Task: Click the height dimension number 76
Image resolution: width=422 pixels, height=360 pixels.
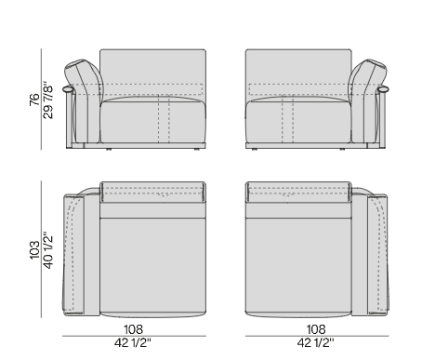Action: point(34,100)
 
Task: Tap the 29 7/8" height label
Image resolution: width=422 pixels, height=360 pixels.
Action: point(48,100)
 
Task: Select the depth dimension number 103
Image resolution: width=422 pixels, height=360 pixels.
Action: point(34,249)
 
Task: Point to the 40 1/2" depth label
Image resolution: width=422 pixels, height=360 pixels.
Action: point(48,250)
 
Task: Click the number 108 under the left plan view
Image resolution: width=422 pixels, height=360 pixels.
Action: point(134,329)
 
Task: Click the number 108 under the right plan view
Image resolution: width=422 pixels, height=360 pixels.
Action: point(316,329)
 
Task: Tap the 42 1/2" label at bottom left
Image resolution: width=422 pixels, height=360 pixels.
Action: point(133,343)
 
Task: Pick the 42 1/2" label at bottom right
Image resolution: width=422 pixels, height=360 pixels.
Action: point(316,343)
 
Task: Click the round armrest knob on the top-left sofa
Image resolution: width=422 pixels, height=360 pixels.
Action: point(68,89)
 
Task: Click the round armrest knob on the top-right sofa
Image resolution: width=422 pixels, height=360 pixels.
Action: point(384,89)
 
